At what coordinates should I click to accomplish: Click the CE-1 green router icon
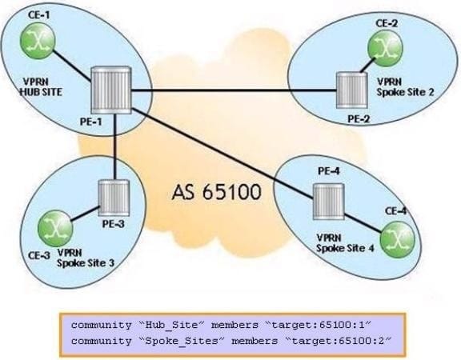click(x=38, y=41)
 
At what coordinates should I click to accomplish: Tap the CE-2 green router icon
click(x=385, y=48)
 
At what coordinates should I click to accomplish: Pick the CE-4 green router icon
click(x=398, y=239)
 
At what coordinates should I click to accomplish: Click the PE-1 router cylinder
click(x=111, y=90)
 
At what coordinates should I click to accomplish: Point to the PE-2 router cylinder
click(x=351, y=90)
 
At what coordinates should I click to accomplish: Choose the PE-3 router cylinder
click(x=114, y=198)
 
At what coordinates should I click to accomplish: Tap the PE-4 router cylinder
click(x=328, y=202)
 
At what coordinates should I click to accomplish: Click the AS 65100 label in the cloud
click(x=217, y=192)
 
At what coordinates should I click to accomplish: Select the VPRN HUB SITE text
click(x=41, y=87)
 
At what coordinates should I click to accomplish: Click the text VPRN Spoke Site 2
click(x=406, y=87)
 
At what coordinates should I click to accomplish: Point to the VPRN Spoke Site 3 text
click(x=86, y=258)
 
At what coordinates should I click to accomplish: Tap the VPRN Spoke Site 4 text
click(x=345, y=243)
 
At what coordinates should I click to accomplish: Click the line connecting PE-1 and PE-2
click(x=234, y=90)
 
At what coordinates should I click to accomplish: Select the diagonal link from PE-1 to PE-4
click(x=222, y=153)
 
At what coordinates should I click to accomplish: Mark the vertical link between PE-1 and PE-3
click(x=115, y=146)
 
